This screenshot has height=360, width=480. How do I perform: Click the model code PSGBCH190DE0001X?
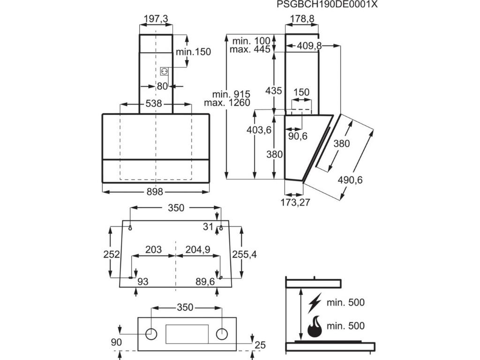(327, 5)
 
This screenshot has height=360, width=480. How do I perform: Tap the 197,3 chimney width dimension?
(156, 19)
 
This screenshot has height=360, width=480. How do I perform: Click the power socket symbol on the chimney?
(165, 71)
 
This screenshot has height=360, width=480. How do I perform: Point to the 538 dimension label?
(153, 104)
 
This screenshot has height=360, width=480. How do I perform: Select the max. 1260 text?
(228, 103)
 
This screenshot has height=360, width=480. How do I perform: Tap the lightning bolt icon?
(315, 303)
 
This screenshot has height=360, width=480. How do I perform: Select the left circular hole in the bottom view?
(151, 334)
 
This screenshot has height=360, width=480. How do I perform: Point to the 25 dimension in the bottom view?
(260, 345)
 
